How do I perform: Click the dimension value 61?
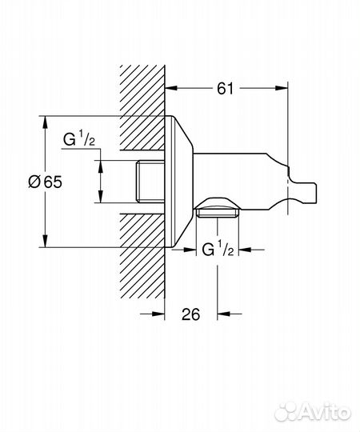coord(225,90)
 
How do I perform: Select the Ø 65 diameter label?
coord(45,182)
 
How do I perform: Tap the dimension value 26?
coord(191,314)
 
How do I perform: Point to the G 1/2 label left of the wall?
coord(79,142)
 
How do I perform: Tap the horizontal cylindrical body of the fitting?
coord(232,172)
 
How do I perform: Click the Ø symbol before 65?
coord(34,182)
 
